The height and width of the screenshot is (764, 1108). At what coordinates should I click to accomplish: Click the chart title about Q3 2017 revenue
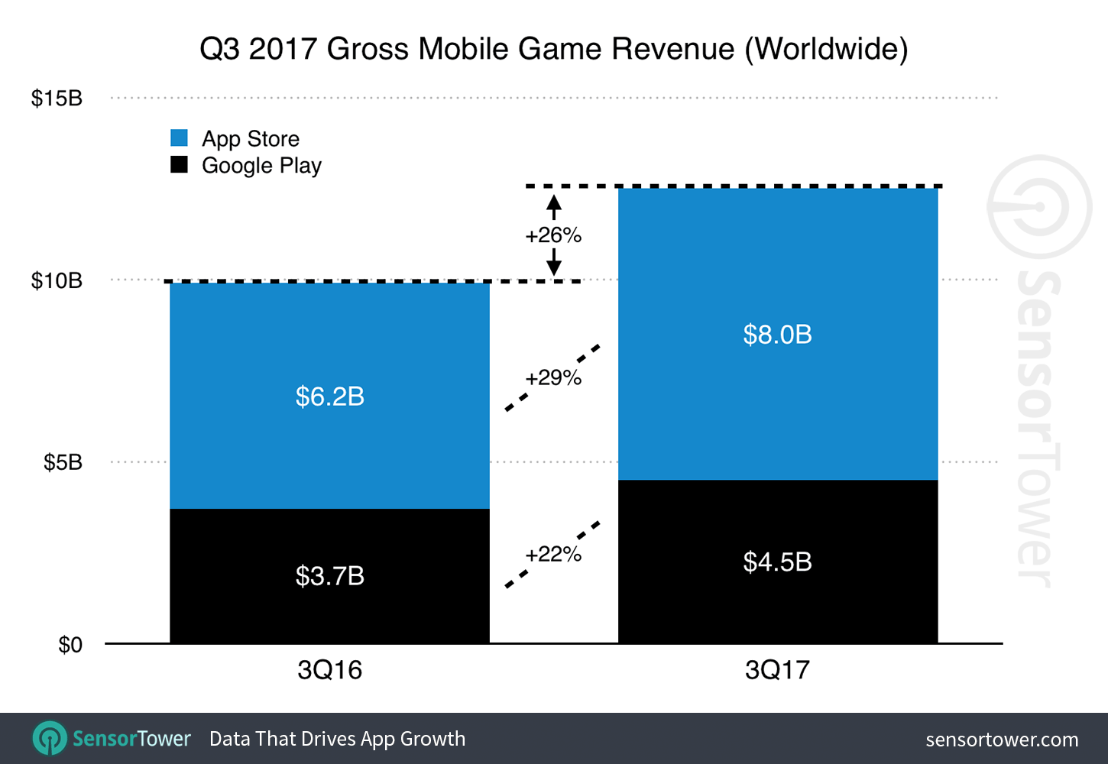(553, 49)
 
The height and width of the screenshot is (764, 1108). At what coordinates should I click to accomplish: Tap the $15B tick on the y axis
(57, 99)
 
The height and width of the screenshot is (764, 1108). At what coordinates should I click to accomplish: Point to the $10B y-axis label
(57, 280)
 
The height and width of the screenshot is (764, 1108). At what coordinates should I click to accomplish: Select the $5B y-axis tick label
(63, 462)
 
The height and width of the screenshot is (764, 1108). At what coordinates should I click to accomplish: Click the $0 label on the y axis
(70, 645)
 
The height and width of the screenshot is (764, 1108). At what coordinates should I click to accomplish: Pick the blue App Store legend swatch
(180, 138)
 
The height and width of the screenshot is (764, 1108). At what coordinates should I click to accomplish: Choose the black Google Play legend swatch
(180, 165)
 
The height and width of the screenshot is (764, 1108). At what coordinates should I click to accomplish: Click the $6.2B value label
(329, 397)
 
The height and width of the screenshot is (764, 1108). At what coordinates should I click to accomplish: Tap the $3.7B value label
(329, 575)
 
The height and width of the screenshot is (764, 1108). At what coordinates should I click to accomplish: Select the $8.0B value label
(777, 335)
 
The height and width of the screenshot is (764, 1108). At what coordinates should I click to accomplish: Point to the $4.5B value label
(777, 562)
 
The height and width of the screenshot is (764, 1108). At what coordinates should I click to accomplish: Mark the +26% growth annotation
(553, 235)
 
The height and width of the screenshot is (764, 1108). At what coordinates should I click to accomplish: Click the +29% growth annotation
(553, 377)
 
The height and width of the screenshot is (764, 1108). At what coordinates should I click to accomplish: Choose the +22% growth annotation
(553, 554)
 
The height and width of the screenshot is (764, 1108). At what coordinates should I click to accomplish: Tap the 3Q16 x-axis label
(329, 670)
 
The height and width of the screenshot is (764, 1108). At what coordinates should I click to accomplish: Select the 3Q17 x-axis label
(777, 670)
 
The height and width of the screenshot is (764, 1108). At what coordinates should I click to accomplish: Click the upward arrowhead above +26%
(554, 202)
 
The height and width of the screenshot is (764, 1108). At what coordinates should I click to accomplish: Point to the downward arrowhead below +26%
(554, 268)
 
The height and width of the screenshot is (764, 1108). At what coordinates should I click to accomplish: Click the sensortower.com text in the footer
(1001, 740)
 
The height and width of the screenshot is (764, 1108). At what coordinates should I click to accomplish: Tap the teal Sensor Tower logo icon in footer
(50, 739)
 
